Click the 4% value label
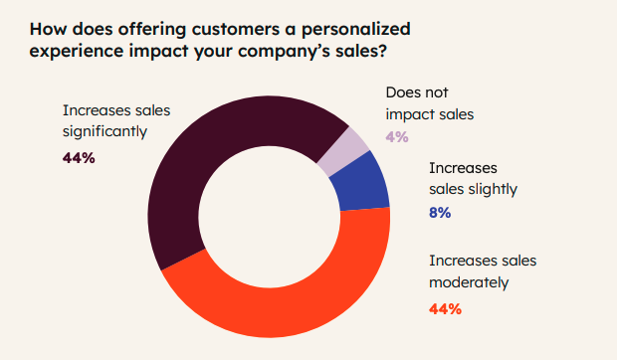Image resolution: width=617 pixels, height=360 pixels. [396, 137]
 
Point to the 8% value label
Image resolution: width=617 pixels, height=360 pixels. [440, 212]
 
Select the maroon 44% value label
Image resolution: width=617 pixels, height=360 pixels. [79, 157]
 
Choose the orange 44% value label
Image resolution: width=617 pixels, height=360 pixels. [445, 308]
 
